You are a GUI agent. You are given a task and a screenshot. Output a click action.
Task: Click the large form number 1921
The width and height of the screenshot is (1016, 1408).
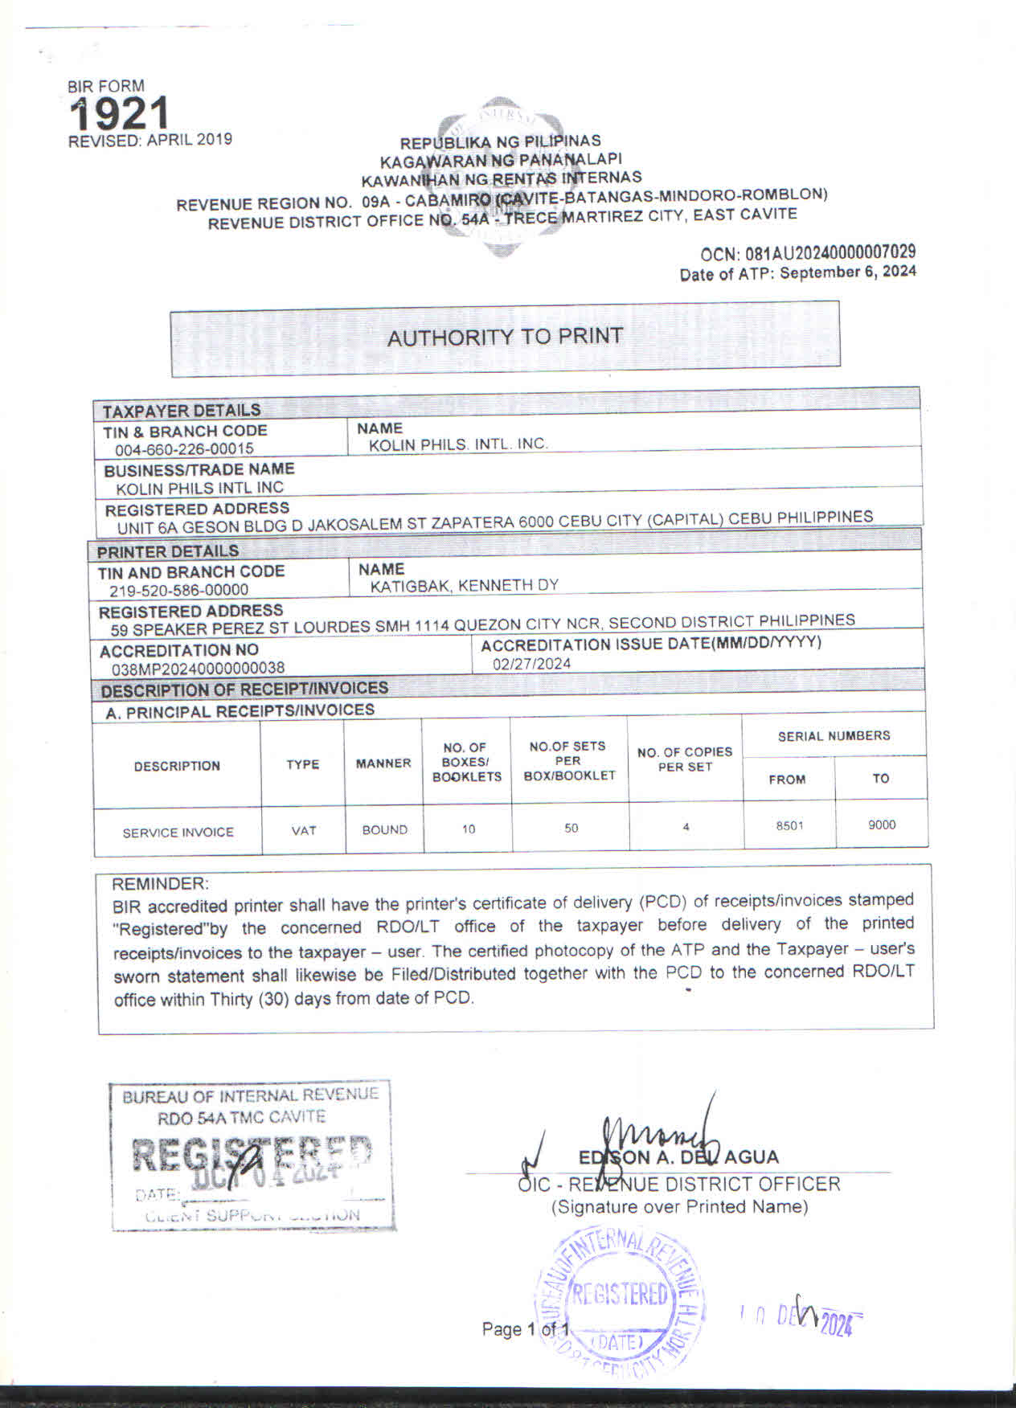pos(119,113)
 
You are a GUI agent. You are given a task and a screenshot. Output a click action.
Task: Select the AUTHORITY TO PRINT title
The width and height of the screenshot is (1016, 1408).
pos(505,337)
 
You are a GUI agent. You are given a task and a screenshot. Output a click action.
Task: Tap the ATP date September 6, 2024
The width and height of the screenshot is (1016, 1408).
pos(847,272)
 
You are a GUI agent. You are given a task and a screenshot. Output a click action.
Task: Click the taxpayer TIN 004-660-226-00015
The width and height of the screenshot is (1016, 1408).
pos(184,449)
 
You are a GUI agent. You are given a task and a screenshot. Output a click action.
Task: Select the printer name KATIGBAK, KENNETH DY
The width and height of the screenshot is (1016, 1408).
pos(464,585)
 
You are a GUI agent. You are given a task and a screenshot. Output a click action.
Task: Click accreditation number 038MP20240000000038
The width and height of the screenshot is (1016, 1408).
pos(198,668)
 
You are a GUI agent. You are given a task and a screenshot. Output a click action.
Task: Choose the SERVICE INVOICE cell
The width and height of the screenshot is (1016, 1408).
pos(178,832)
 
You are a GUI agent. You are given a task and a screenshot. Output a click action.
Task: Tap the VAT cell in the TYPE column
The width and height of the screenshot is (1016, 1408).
pos(303,830)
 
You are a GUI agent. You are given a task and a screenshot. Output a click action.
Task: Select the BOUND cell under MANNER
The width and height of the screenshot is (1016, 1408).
pos(384,829)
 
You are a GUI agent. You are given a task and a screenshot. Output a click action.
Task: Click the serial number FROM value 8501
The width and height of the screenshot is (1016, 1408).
pos(789,825)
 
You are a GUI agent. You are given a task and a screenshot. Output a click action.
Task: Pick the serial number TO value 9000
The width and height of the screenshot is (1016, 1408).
pos(881,825)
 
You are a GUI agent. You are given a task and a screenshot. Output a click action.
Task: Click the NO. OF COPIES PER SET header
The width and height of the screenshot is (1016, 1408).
pos(684,759)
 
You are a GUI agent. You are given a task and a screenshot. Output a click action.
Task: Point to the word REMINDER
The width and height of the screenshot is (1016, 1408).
pos(159,883)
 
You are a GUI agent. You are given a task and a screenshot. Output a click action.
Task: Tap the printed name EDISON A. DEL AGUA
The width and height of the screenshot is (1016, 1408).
pos(678,1157)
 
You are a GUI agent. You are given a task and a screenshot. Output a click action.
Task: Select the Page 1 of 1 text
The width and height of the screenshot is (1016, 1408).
pos(526,1328)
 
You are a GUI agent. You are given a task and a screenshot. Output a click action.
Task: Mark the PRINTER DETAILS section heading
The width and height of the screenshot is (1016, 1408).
pos(168,551)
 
